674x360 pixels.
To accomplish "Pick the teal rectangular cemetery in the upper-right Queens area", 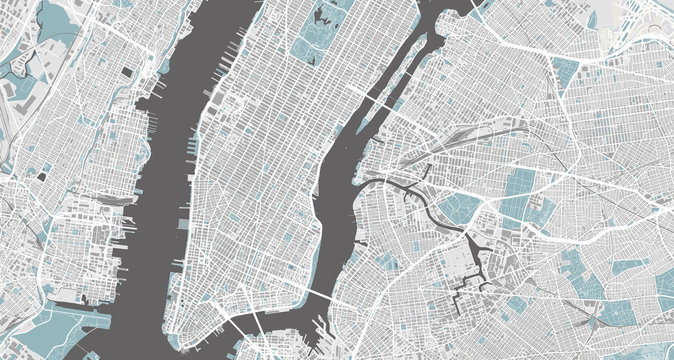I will click(566, 70).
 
